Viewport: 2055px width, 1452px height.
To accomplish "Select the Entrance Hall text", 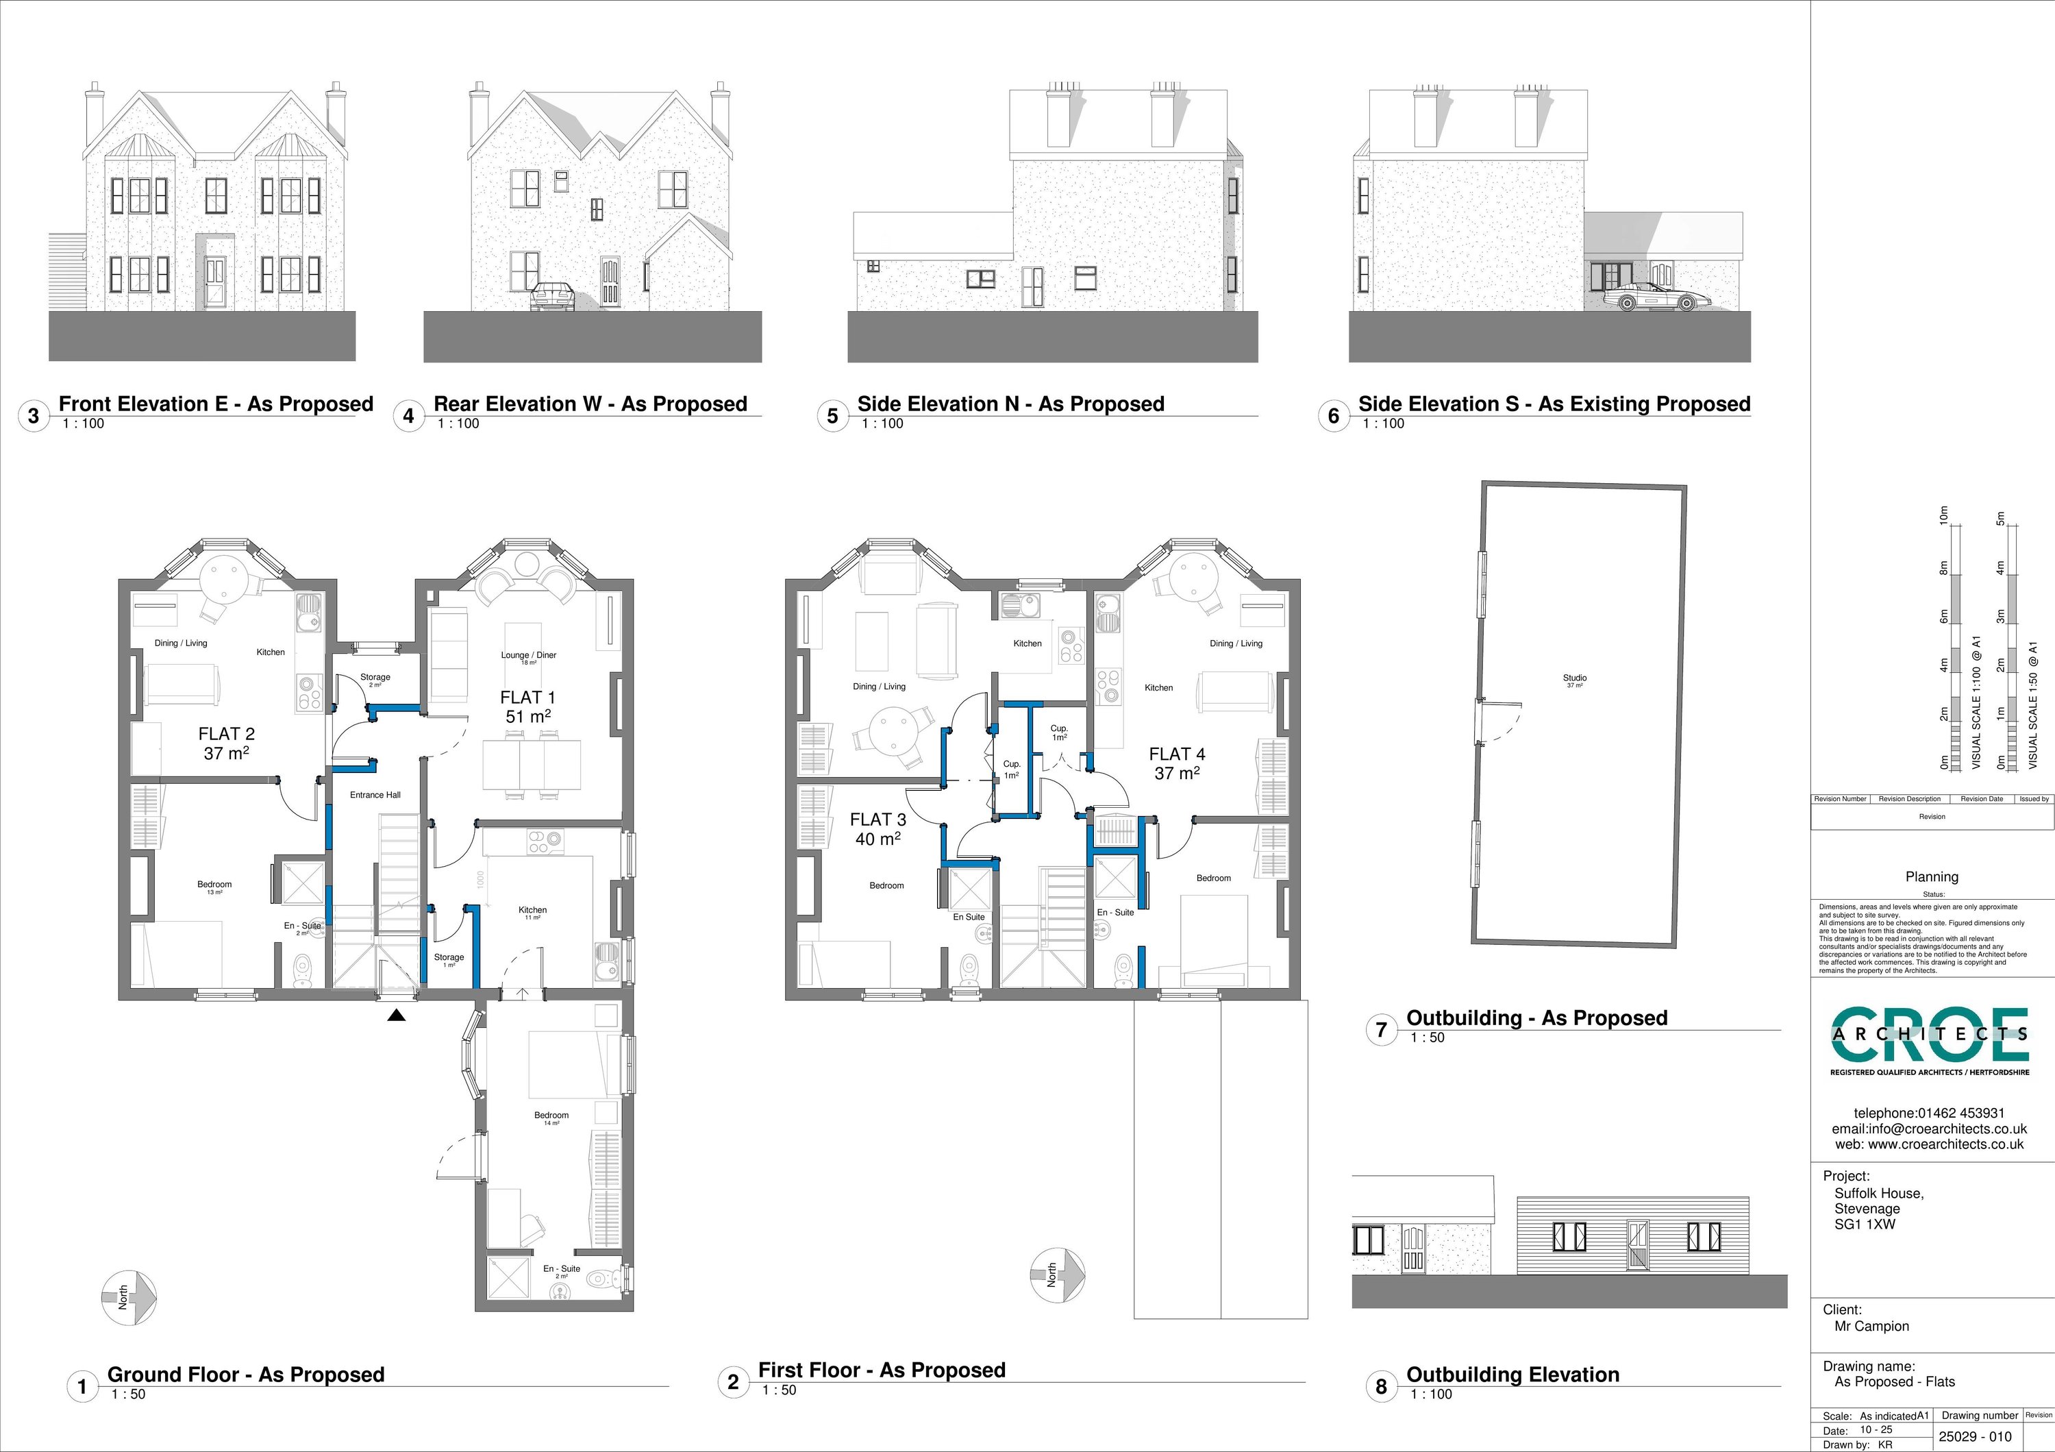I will [x=375, y=795].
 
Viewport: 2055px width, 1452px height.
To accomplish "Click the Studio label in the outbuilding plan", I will [x=1574, y=678].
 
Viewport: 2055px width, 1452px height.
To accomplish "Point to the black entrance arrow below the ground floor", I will [x=397, y=1015].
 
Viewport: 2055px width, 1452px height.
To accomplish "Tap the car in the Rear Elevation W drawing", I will [x=552, y=296].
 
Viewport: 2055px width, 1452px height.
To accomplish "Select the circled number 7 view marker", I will [x=1381, y=1029].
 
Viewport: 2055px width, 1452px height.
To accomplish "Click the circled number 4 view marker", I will [x=409, y=416].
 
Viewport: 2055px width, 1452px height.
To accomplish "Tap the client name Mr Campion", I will [x=1871, y=1327].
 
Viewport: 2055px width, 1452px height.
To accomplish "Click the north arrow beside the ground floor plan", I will [x=129, y=1296].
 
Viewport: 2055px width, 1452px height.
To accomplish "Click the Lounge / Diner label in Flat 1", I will [x=528, y=655].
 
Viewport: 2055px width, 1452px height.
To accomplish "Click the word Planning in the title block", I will [x=1932, y=877].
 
